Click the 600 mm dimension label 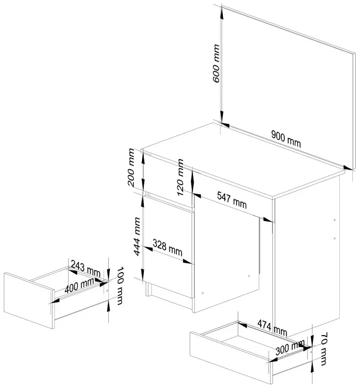coord(216,64)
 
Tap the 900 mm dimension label coord(286,138)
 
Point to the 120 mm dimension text coord(180,177)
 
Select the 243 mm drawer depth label coord(85,270)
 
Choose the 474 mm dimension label coord(272,326)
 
